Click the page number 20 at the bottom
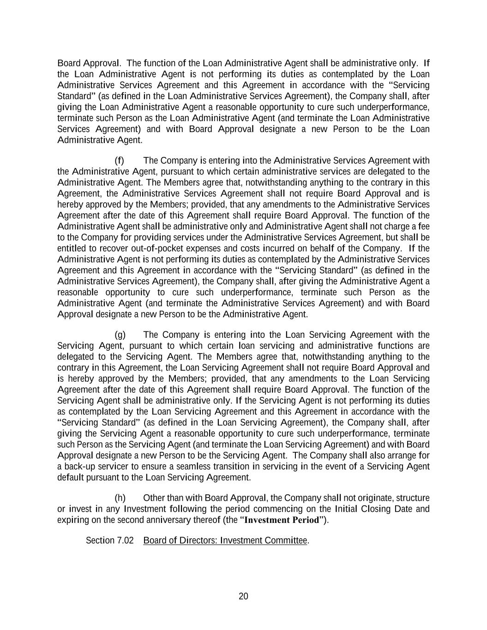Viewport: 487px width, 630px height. (x=243, y=596)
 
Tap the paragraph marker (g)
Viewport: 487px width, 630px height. (x=120, y=335)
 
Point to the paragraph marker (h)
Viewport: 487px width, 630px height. (x=120, y=498)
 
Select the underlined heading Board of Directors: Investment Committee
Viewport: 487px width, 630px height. (x=225, y=540)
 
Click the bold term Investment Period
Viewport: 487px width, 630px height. (x=282, y=520)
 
